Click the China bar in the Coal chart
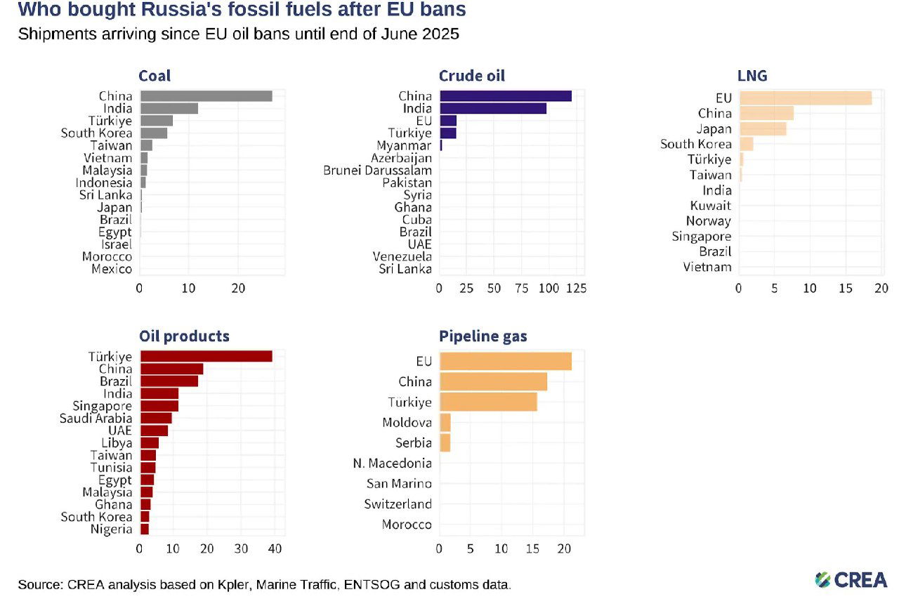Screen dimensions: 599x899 click(x=206, y=96)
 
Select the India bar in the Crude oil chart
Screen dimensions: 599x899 click(x=492, y=108)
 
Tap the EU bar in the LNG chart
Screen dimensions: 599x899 click(x=805, y=98)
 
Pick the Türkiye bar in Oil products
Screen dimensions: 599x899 click(x=206, y=357)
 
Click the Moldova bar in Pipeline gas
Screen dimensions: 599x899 click(x=445, y=423)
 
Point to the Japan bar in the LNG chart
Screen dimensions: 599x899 click(x=762, y=129)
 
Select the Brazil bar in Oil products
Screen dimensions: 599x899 click(x=169, y=381)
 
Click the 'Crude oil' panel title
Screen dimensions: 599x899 click(x=471, y=76)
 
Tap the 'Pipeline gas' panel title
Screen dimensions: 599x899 click(x=483, y=336)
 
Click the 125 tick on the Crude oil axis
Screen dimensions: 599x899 click(x=575, y=288)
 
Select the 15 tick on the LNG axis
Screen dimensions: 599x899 click(x=846, y=288)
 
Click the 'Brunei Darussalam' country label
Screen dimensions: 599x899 click(x=378, y=170)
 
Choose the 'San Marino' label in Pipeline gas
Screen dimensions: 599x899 click(x=399, y=484)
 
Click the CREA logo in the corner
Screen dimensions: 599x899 click(x=851, y=579)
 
